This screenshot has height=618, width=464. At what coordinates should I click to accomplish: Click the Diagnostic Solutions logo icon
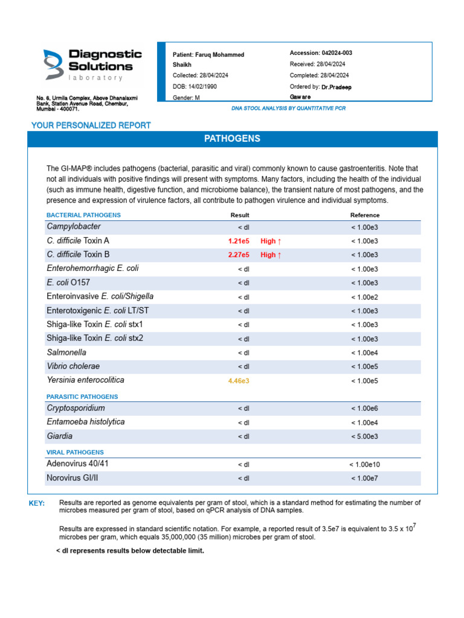pyautogui.click(x=53, y=64)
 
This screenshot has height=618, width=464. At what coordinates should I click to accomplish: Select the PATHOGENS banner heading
pyautogui.click(x=232, y=139)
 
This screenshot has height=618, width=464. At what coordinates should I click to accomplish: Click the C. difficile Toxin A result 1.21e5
pyautogui.click(x=239, y=241)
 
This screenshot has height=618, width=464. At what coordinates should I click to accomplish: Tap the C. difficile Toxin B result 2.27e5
pyautogui.click(x=239, y=255)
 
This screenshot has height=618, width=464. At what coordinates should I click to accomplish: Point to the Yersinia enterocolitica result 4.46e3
pyautogui.click(x=239, y=381)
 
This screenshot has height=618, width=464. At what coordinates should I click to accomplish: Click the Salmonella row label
pyautogui.click(x=66, y=352)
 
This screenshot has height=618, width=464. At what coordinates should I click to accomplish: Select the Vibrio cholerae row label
pyautogui.click(x=73, y=366)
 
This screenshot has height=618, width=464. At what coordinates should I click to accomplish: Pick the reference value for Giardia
pyautogui.click(x=364, y=436)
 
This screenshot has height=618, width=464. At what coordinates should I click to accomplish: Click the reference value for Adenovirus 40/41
pyautogui.click(x=364, y=465)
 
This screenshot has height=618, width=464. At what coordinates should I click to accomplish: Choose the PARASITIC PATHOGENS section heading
pyautogui.click(x=82, y=397)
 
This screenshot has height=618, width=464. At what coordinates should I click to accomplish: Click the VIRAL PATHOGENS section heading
pyautogui.click(x=75, y=452)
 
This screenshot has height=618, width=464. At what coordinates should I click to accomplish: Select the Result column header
pyautogui.click(x=240, y=215)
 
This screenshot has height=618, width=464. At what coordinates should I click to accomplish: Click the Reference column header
pyautogui.click(x=365, y=215)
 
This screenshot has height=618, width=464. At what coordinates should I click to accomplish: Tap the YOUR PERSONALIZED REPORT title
pyautogui.click(x=91, y=126)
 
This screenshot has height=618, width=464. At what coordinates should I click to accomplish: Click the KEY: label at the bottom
pyautogui.click(x=36, y=503)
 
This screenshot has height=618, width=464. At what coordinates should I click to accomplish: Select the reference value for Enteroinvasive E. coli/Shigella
pyautogui.click(x=364, y=297)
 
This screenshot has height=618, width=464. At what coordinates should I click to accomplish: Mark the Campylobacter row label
pyautogui.click(x=74, y=227)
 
